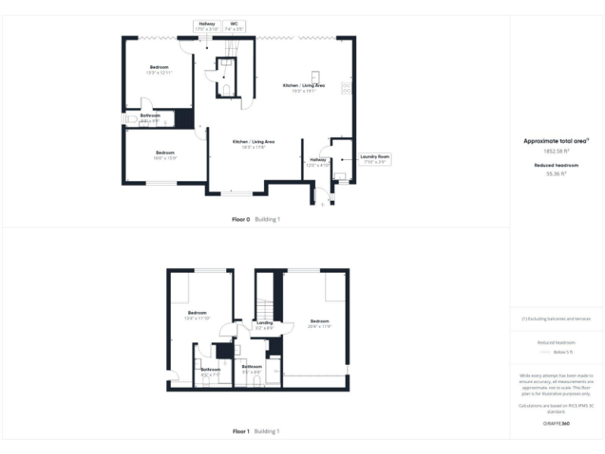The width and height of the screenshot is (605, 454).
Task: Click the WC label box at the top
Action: pos(234,26)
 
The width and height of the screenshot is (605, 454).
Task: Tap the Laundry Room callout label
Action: pos(375,159)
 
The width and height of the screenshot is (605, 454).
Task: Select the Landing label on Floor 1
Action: pos(265,322)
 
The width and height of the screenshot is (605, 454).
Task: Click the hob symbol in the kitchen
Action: pos(346,87)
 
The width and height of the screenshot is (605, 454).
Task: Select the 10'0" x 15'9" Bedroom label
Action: pos(165,154)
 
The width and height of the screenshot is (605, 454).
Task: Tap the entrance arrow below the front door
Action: pos(322,204)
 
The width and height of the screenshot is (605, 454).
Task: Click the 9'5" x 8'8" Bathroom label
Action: pos(251,368)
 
